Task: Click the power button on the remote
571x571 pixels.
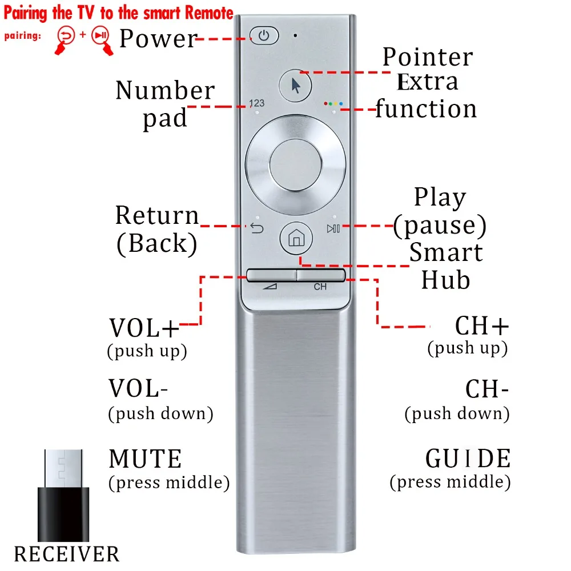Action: coord(263,36)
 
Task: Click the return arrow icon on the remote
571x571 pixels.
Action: coord(257,229)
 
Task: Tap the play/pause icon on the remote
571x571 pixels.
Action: coord(333,229)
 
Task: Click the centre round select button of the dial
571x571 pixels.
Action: coord(295,166)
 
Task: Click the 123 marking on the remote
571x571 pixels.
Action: coord(257,103)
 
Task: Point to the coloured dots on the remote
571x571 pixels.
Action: coord(333,104)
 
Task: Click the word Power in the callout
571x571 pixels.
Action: coord(158,38)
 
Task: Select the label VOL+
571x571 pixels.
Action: coord(144,328)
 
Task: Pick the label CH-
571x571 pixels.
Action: coord(486,389)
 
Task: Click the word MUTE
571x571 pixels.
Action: coord(146,459)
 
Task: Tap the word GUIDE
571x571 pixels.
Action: coord(468,459)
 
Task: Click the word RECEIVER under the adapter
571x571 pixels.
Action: coord(67,554)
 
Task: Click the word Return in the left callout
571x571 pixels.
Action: coord(157,215)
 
